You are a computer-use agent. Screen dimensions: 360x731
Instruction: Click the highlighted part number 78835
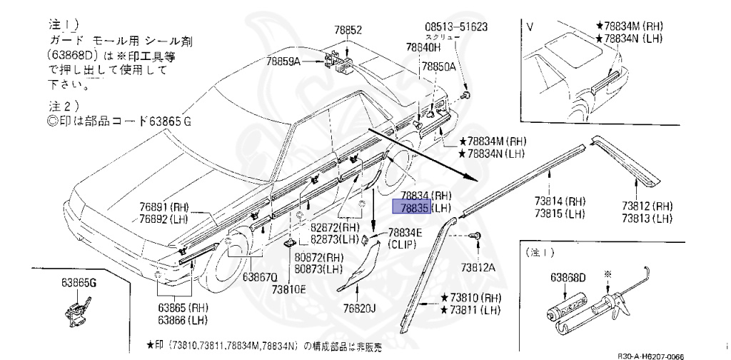point(410,207)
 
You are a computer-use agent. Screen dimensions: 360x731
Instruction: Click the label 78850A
point(438,66)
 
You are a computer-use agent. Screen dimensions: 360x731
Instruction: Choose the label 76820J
point(359,308)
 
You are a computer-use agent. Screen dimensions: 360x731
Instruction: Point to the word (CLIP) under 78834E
point(405,244)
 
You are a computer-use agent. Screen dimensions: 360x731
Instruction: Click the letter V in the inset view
point(530,27)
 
